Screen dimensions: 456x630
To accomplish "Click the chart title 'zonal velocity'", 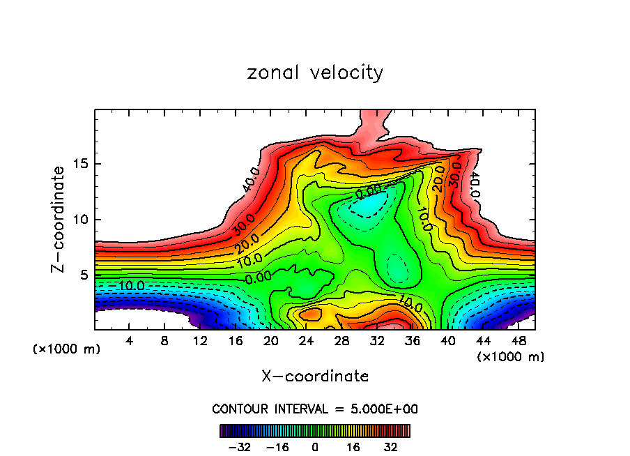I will [315, 73].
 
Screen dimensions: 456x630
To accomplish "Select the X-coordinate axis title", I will [315, 377].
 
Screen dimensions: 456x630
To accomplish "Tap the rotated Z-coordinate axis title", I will [59, 219].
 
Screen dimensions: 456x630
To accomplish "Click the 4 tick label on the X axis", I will [130, 341].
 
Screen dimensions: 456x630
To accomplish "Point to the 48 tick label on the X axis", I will [518, 341].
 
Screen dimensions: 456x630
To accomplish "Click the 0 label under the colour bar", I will [315, 447].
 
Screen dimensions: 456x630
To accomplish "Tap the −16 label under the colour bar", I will [277, 447].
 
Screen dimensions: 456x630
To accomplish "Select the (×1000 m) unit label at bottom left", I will [67, 349].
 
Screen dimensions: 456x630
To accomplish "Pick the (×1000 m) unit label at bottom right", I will [511, 357].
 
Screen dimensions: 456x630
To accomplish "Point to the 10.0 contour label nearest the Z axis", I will [131, 286].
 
